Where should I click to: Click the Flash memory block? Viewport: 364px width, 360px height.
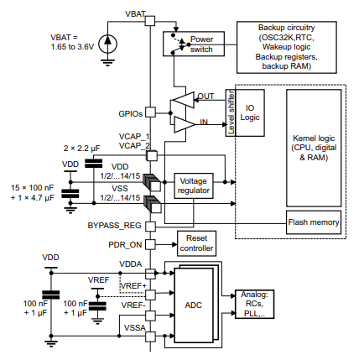coord(314,222)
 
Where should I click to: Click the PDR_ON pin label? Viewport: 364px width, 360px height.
coord(123,245)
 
